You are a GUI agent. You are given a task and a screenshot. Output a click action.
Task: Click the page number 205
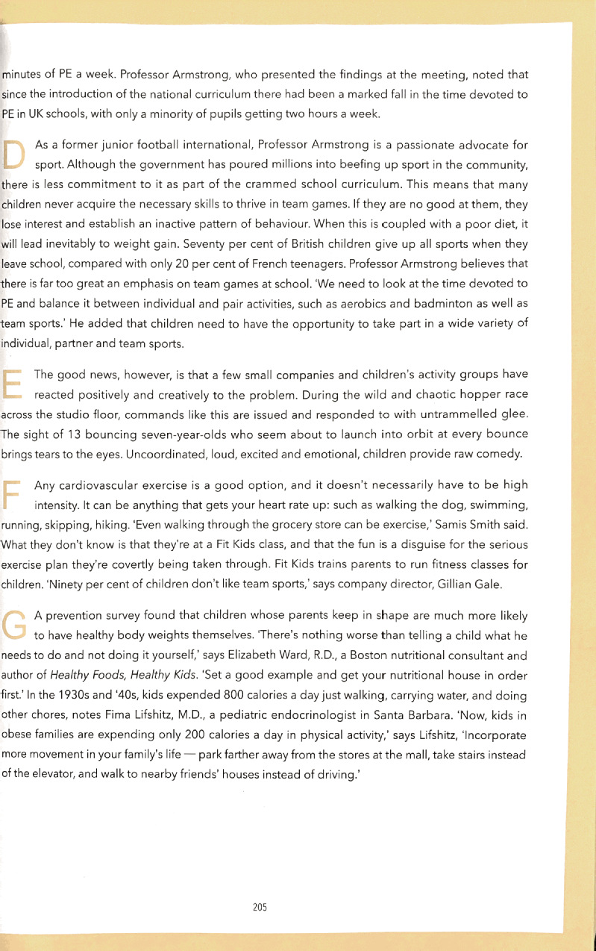[x=260, y=907]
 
